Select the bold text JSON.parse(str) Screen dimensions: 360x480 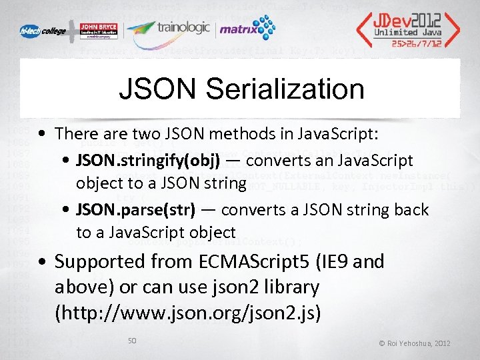click(x=135, y=209)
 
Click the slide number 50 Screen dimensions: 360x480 click(x=132, y=341)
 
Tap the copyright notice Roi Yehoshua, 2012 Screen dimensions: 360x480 click(x=414, y=343)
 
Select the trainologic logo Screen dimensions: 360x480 click(x=169, y=29)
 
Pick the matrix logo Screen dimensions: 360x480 click(x=247, y=29)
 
